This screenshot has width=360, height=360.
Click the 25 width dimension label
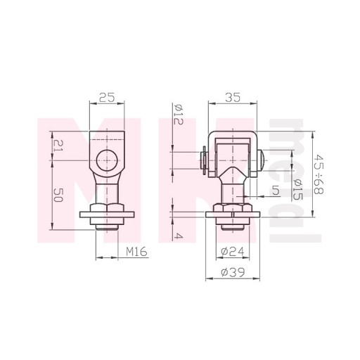coord(107,98)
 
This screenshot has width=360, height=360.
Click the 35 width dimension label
coord(233,98)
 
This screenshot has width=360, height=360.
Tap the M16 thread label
coord(136,252)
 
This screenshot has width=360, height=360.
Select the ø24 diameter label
coord(233,252)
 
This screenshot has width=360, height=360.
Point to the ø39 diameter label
coord(233,272)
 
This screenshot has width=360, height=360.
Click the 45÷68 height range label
coord(319,174)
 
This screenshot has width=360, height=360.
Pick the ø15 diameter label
coord(297,189)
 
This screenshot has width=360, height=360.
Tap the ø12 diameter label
coord(179,114)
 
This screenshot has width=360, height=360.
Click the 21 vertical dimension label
coord(58,146)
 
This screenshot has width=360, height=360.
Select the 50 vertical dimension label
coord(58,195)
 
